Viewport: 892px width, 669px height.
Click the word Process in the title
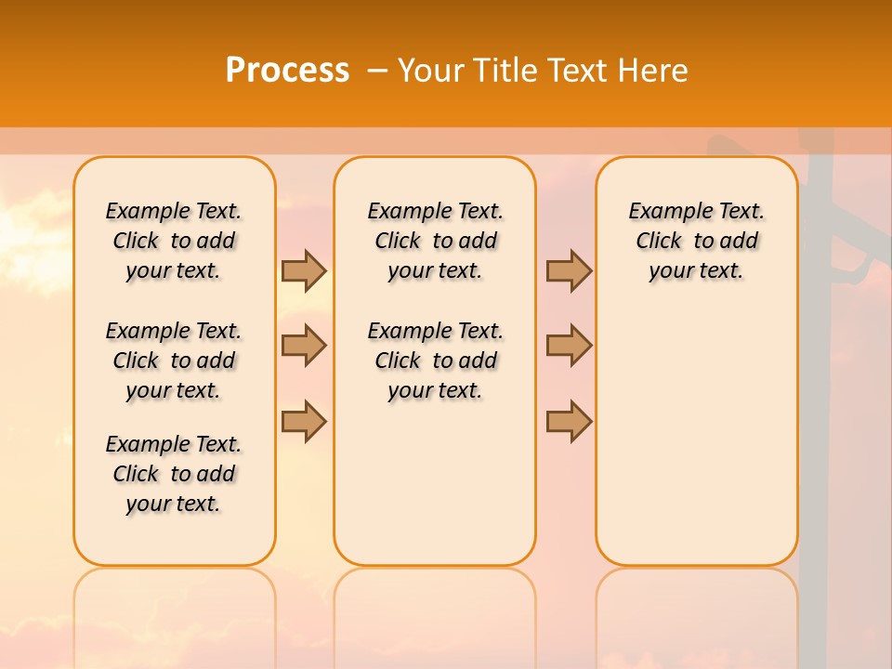pyautogui.click(x=287, y=70)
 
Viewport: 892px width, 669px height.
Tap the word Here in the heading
pyautogui.click(x=655, y=70)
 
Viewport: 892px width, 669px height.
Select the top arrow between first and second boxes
pyautogui.click(x=304, y=270)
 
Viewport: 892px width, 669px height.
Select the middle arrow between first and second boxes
pyautogui.click(x=304, y=346)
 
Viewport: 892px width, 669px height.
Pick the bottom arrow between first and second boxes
pyautogui.click(x=304, y=421)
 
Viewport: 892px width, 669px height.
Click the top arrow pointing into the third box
pyautogui.click(x=569, y=270)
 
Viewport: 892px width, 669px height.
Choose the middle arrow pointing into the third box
pyautogui.click(x=569, y=346)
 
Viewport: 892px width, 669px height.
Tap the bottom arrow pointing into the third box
pyautogui.click(x=569, y=421)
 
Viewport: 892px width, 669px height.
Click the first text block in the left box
pyautogui.click(x=174, y=241)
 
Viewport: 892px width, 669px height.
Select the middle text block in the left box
pyautogui.click(x=174, y=361)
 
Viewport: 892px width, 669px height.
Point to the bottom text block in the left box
pyautogui.click(x=174, y=474)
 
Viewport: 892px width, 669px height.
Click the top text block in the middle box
pyautogui.click(x=435, y=241)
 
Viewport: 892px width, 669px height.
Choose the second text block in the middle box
pyautogui.click(x=435, y=361)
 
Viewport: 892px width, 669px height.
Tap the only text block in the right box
pyautogui.click(x=696, y=241)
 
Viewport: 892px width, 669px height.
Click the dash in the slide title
pyautogui.click(x=376, y=70)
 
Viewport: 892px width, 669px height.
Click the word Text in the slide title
pyautogui.click(x=579, y=70)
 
